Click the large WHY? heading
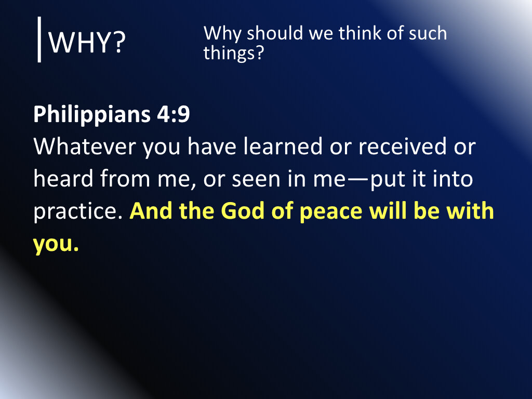click(x=87, y=44)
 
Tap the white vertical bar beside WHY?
click(x=39, y=39)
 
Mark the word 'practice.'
click(x=77, y=212)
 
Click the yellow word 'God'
click(x=242, y=212)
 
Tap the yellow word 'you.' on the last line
click(x=56, y=244)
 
